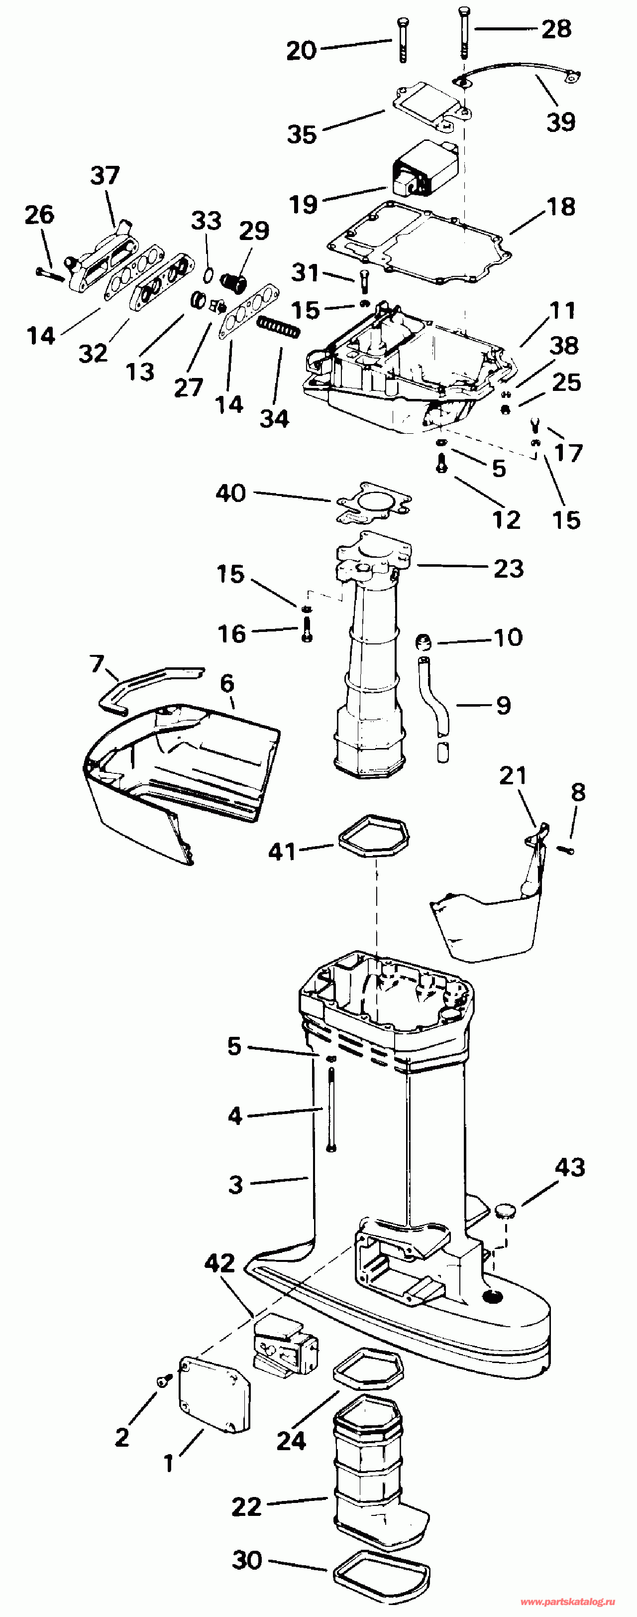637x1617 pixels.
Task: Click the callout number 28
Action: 557,29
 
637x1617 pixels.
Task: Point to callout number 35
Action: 302,134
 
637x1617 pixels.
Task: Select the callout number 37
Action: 105,175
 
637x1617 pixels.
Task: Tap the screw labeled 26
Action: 51,273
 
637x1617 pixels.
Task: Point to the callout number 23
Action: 508,569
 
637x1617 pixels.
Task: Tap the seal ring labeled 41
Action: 373,834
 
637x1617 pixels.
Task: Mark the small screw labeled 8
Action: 566,849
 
